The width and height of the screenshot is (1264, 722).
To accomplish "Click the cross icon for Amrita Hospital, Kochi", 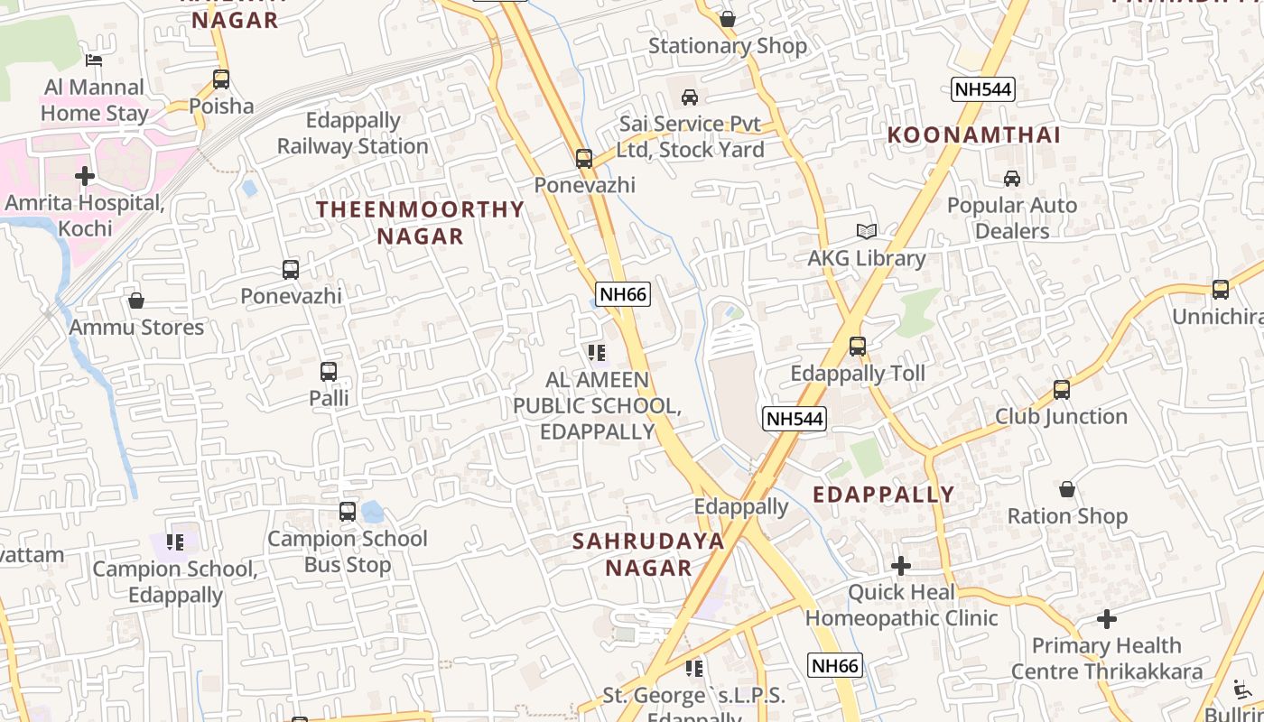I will (85, 175).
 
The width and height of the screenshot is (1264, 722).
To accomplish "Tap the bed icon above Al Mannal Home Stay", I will (94, 60).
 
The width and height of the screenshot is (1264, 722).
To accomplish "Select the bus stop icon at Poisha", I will (221, 79).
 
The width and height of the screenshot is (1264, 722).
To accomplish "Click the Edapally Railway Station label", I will (352, 133).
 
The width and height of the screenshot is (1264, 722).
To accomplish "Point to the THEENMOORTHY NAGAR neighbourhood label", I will (420, 222).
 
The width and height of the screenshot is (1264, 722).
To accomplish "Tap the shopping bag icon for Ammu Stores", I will (136, 301).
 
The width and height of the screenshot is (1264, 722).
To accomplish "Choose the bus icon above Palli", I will (329, 371).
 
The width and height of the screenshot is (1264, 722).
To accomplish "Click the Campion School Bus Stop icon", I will (348, 512).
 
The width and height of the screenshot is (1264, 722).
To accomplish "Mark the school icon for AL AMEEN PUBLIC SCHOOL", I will (596, 352).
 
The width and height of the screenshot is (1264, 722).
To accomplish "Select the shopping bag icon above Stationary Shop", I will (728, 19).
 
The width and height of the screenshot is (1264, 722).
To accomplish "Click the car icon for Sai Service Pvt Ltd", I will (690, 97).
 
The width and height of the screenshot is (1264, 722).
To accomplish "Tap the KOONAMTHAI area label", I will (973, 134).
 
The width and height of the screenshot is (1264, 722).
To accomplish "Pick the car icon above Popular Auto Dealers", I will (1012, 179).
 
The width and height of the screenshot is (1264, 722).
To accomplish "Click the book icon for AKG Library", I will (867, 232).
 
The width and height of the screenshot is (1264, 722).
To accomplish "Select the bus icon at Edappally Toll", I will (858, 346).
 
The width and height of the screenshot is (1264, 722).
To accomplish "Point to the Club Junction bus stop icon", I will (1062, 390).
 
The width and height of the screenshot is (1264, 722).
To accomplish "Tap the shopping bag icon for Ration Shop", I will (1067, 490).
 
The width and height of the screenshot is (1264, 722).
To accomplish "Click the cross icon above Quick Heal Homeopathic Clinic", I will (901, 566).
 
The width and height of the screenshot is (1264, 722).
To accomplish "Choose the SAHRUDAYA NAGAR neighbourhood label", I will (648, 554).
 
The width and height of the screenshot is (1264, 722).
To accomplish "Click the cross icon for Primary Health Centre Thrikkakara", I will (1107, 619).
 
